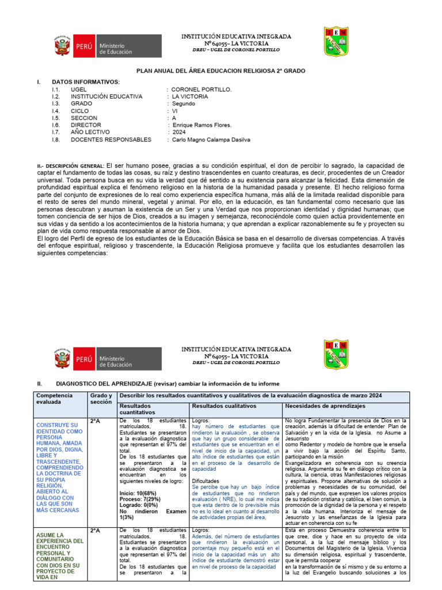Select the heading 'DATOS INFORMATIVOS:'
coord(86,82)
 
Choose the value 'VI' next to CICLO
coord(174,111)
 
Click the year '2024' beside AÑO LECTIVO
coord(180,132)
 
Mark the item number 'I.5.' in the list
coord(56,118)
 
